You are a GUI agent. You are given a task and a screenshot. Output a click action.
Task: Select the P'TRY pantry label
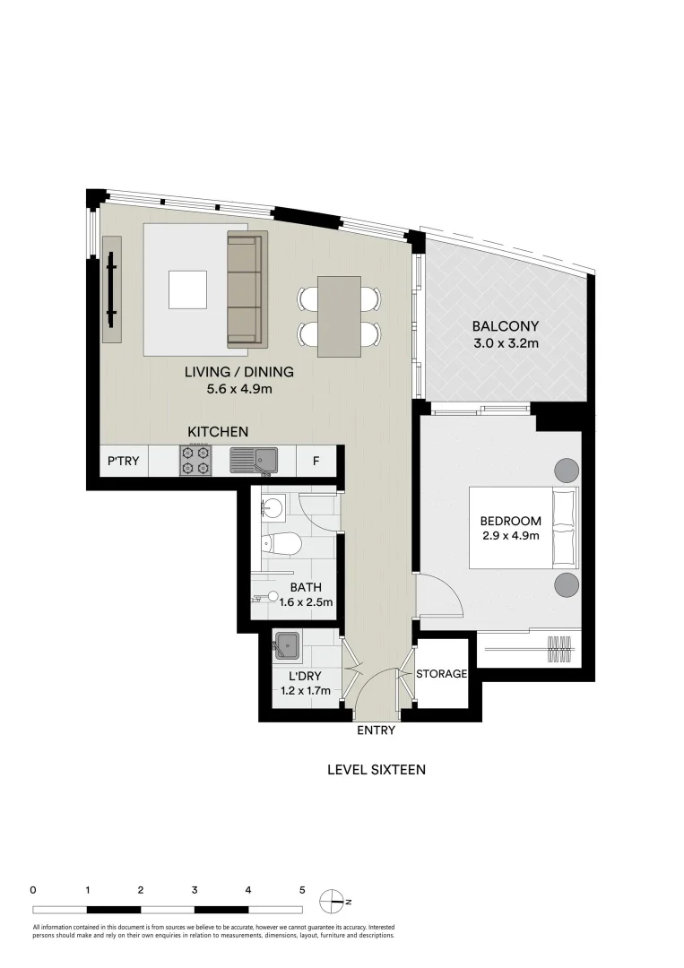tap(123, 461)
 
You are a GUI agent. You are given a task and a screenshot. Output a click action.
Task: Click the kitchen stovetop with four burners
tap(195, 461)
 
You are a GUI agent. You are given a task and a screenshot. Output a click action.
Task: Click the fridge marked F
tap(316, 461)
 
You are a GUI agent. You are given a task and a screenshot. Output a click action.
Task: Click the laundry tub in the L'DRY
tap(287, 644)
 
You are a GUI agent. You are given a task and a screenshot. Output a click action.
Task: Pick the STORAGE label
tap(441, 673)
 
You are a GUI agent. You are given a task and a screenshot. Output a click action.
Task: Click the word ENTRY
tap(376, 730)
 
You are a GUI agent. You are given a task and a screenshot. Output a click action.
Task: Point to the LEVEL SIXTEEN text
tap(376, 769)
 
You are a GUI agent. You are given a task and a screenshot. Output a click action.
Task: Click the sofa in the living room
tap(247, 289)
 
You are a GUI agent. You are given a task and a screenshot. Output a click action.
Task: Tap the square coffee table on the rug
tap(190, 289)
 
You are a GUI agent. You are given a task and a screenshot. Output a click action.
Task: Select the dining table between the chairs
tap(340, 315)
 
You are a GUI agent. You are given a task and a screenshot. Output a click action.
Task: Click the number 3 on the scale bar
tap(195, 890)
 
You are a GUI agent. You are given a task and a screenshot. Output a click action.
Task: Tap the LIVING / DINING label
tap(238, 372)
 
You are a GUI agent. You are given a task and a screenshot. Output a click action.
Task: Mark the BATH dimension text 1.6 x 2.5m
tap(306, 602)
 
